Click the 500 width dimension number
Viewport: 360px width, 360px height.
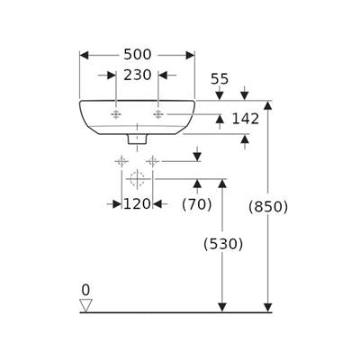tap(138, 55)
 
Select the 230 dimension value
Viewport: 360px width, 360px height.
tap(138, 75)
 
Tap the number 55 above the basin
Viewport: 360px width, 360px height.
tap(220, 79)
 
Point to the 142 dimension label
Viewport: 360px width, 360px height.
tap(246, 119)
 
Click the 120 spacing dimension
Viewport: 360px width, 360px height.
tap(137, 204)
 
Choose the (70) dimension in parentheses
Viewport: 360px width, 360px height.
tap(197, 204)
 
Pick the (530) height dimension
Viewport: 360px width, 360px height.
tap(223, 244)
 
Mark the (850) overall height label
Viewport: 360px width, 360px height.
tap(268, 207)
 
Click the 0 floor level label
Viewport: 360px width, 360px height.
tap(85, 291)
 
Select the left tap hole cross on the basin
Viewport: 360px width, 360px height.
tap(116, 114)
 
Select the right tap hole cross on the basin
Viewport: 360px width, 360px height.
tap(157, 114)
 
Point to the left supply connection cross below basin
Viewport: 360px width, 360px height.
tap(121, 162)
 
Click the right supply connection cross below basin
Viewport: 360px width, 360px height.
tap(153, 162)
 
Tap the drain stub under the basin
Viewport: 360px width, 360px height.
tap(137, 139)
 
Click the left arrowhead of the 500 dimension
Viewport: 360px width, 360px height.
tap(85, 55)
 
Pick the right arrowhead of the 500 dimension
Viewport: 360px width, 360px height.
tap(190, 55)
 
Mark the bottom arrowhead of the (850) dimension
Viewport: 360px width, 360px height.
tap(268, 308)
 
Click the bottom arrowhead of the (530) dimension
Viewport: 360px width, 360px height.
tap(222, 308)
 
